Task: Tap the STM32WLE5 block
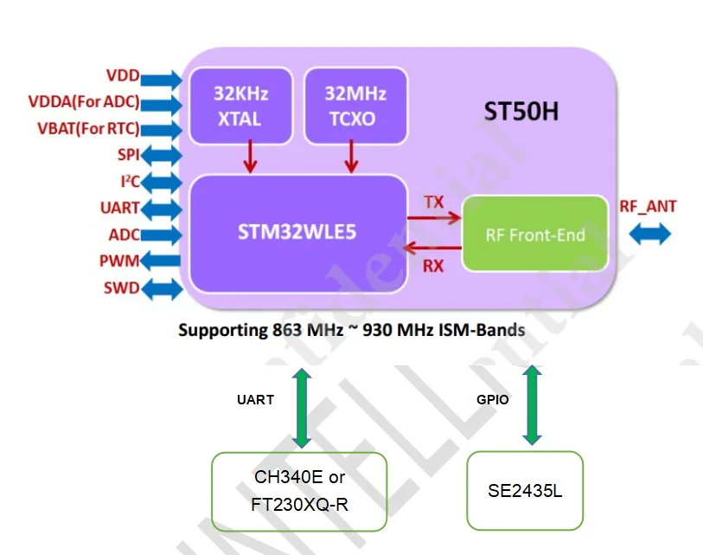click(x=297, y=234)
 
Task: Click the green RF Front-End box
click(x=534, y=234)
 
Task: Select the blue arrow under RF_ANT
click(x=649, y=234)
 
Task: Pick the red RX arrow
click(x=434, y=249)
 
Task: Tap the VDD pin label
click(x=122, y=76)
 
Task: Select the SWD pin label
click(x=121, y=287)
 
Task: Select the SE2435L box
click(x=525, y=490)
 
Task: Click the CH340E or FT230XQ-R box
click(x=299, y=492)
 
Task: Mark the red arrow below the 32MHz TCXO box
click(x=352, y=158)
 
